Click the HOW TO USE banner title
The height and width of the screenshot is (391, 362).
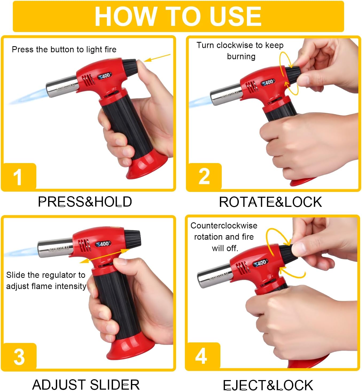tap(178, 16)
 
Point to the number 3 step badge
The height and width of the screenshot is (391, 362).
tap(19, 357)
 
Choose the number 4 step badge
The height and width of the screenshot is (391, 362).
tap(203, 356)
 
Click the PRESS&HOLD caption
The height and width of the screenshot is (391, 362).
tap(85, 202)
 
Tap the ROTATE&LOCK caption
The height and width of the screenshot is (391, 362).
tap(270, 202)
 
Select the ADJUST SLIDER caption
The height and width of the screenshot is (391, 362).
tap(86, 384)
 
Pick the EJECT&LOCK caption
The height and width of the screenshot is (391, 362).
tap(268, 385)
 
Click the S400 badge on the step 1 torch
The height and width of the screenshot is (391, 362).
tap(105, 76)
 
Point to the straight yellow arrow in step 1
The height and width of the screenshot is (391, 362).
tap(157, 58)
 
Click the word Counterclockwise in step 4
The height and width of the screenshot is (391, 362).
tap(224, 226)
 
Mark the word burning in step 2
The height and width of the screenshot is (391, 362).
tap(241, 57)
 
